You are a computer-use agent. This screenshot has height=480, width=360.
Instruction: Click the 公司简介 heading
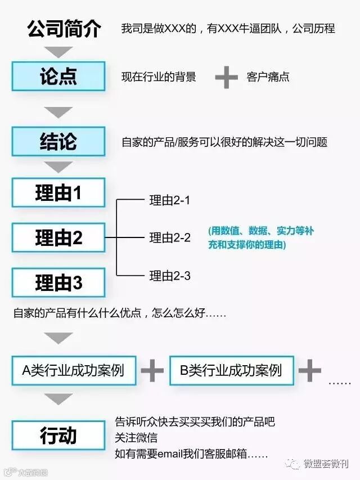(x=64, y=29)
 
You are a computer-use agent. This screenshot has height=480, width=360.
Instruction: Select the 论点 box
(x=58, y=76)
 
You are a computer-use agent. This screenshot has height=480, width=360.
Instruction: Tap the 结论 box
(x=58, y=141)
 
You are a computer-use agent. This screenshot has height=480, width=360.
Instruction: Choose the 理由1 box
(x=58, y=193)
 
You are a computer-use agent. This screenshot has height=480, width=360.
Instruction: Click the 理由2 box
(x=58, y=237)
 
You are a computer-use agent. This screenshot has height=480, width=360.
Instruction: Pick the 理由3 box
(x=58, y=282)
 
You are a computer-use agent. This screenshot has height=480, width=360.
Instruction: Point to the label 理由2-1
(x=170, y=200)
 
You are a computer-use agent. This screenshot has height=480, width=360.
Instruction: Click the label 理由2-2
(x=170, y=238)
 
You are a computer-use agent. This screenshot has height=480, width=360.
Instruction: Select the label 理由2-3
(x=170, y=276)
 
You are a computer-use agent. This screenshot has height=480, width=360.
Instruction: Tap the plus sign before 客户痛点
(x=227, y=77)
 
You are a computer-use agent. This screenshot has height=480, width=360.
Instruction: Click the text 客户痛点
(x=268, y=77)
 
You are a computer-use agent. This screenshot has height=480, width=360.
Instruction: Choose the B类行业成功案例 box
(x=231, y=370)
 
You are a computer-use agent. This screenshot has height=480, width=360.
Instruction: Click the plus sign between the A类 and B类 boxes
(x=152, y=370)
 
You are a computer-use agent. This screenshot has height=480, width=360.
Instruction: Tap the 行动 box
(x=58, y=436)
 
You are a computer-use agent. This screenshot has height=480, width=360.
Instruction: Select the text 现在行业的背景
(x=159, y=77)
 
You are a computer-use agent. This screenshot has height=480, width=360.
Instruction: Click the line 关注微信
(x=136, y=437)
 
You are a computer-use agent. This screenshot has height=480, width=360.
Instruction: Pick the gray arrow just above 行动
(x=59, y=399)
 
